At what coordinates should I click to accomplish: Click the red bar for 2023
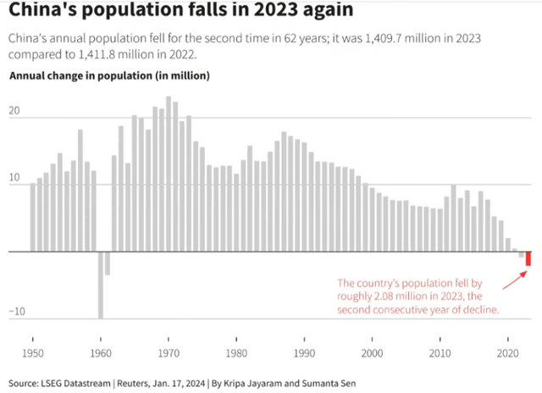click(528, 259)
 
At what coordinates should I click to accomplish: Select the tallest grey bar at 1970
click(169, 174)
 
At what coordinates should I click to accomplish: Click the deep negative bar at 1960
click(101, 285)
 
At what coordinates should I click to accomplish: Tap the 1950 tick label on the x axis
click(33, 351)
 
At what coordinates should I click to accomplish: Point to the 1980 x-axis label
click(236, 351)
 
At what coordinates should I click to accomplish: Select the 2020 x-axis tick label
click(508, 351)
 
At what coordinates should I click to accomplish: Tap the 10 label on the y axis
click(14, 179)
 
